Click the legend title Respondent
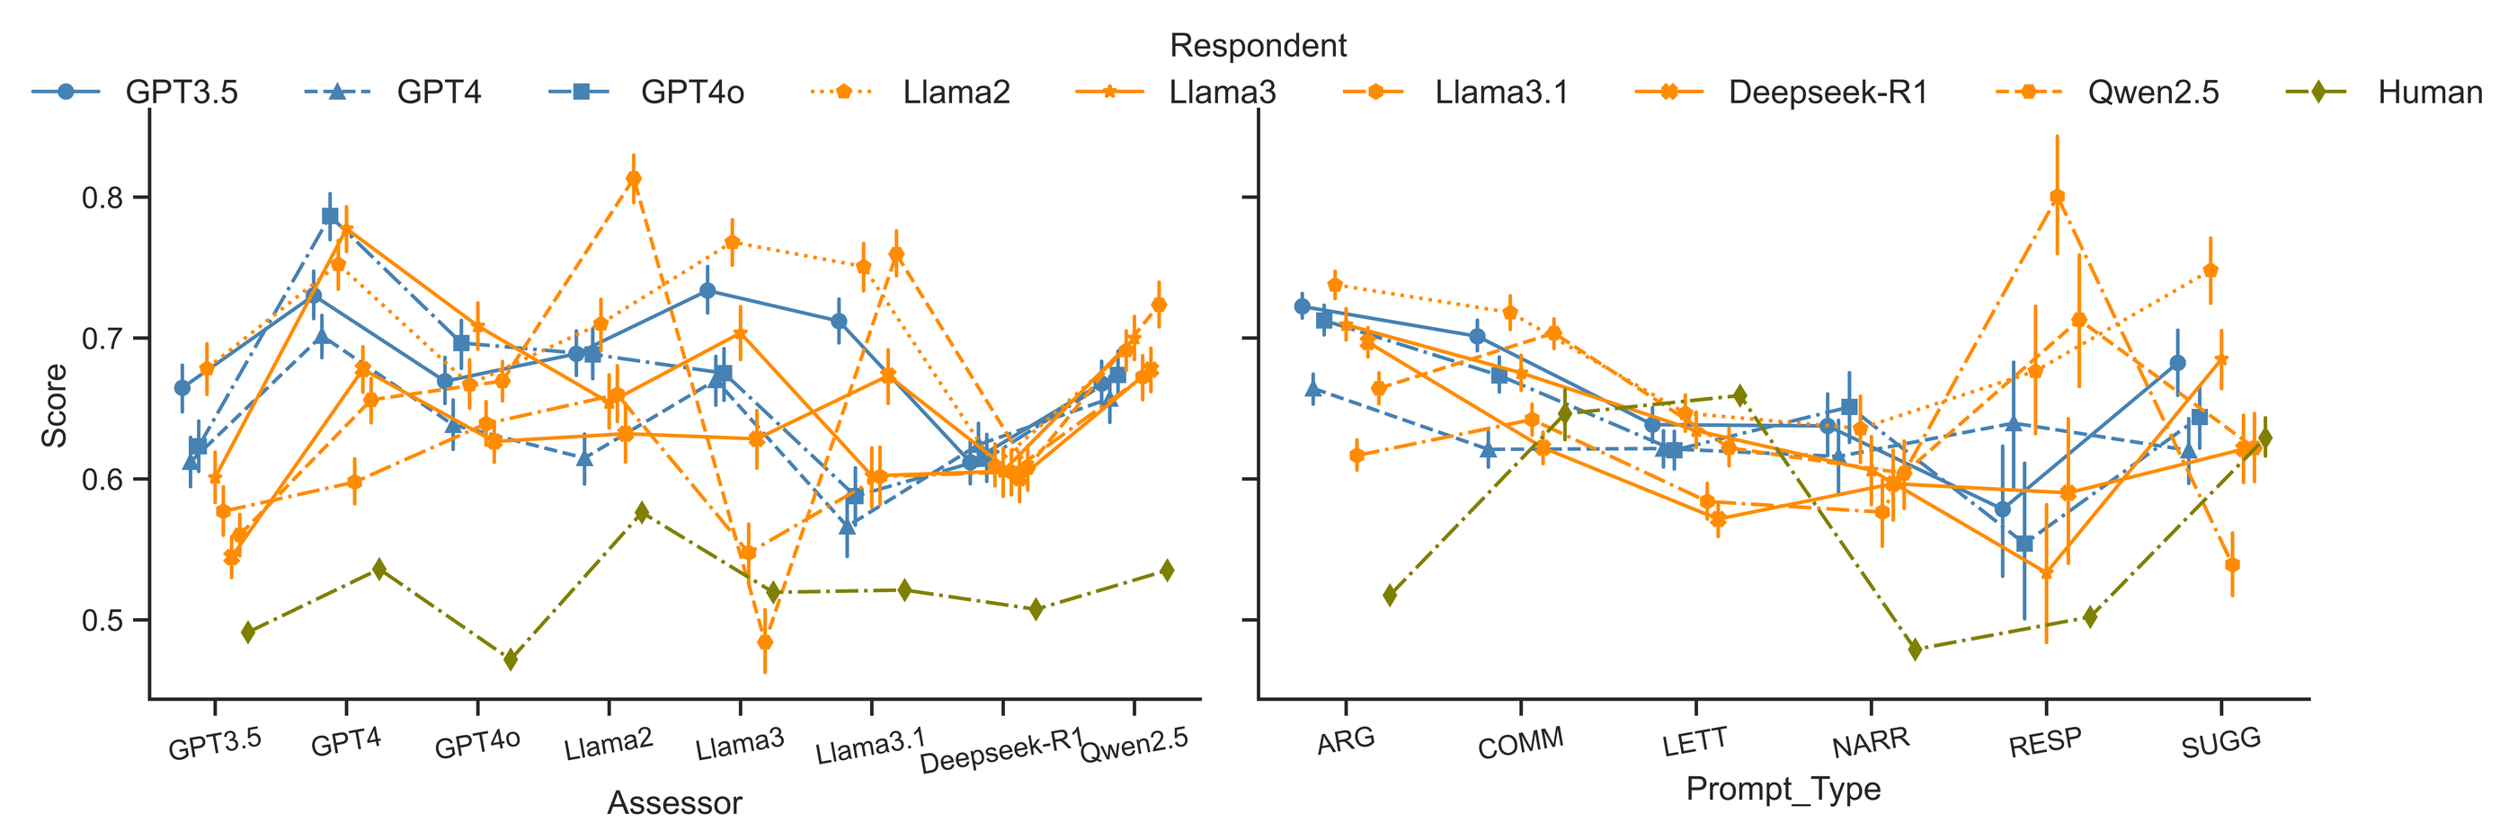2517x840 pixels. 1258,46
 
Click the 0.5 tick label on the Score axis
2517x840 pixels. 102,621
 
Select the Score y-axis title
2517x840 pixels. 55,405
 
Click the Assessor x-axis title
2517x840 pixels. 674,803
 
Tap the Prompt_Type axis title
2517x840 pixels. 1783,788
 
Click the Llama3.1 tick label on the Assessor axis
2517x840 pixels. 870,747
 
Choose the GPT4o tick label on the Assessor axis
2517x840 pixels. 476,744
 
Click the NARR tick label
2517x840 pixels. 1870,743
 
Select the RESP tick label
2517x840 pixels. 2045,743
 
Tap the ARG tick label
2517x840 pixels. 1346,741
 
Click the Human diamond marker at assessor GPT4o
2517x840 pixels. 510,660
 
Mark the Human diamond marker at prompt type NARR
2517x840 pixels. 1915,650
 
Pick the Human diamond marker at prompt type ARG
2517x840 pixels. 1391,595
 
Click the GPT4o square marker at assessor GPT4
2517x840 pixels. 330,216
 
